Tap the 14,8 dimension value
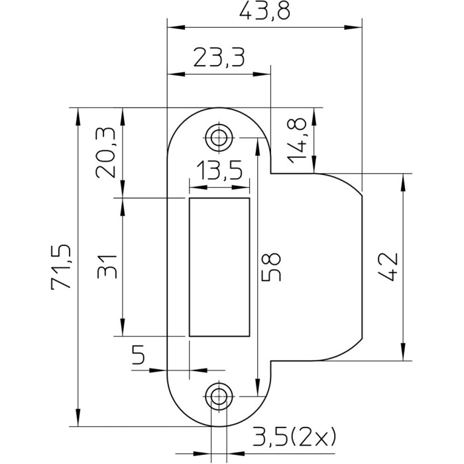298,140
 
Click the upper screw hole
219,137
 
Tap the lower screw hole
219,396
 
